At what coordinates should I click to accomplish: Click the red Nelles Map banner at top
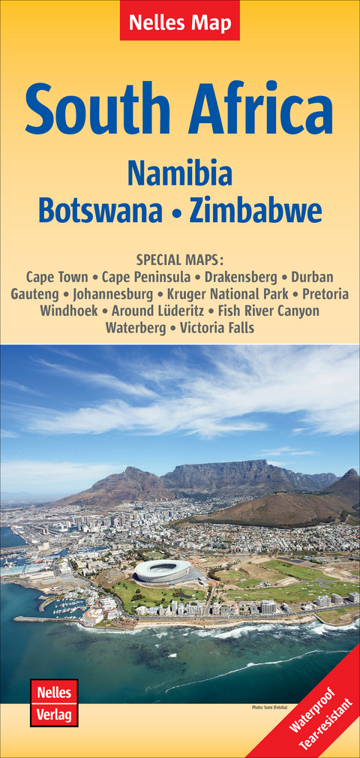180,21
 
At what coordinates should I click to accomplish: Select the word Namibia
180,173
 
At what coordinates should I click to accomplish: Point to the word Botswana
100,211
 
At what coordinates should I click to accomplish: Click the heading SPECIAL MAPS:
180,260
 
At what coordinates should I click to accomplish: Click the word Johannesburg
115,293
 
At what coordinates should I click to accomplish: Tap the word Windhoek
68,310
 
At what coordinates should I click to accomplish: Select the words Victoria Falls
217,327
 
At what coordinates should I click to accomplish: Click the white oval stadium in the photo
162,572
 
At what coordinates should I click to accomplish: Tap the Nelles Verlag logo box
54,702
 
